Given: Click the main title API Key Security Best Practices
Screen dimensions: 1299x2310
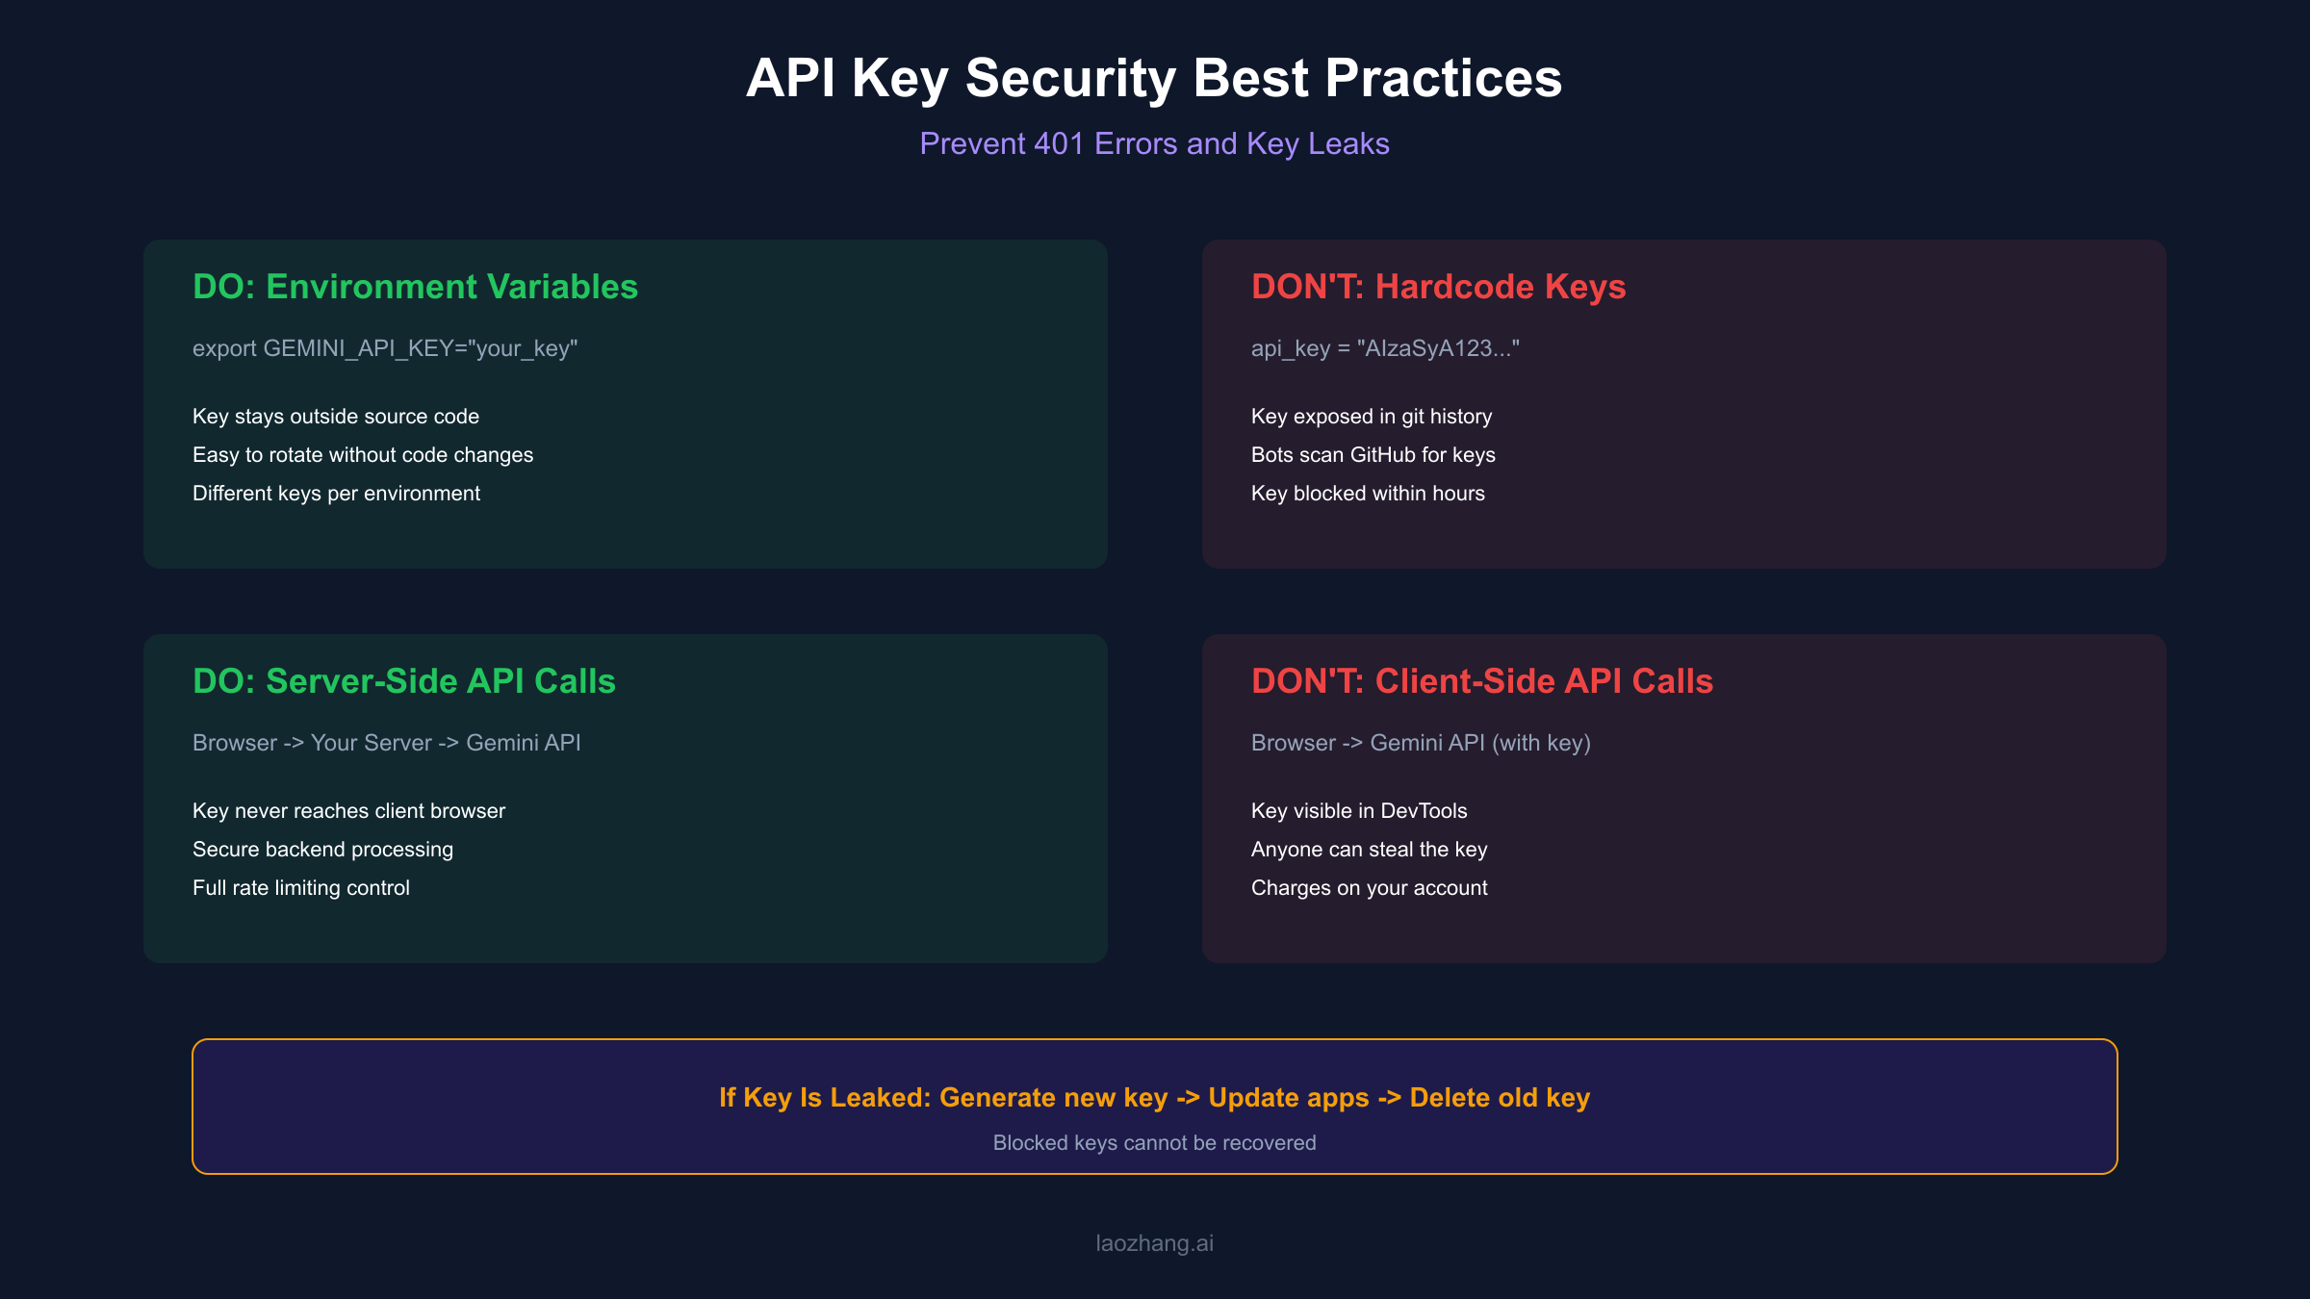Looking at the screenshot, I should [x=1153, y=78].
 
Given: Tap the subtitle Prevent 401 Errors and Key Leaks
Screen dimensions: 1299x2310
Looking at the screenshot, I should [x=1153, y=143].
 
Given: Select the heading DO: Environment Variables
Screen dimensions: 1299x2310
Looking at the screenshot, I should [x=415, y=287].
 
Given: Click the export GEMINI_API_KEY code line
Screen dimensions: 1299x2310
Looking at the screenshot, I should [x=384, y=348].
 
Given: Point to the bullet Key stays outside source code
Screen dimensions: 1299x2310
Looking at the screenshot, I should [x=335, y=417].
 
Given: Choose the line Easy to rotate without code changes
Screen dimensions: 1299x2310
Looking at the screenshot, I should [x=362, y=455].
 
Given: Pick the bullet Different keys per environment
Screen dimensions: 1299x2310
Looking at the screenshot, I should [x=336, y=494].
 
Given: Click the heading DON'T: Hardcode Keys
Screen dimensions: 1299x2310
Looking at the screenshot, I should [x=1438, y=287].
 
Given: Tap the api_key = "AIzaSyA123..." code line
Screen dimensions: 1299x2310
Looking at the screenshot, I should [x=1384, y=348].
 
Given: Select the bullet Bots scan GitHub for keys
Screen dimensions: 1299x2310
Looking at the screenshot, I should [x=1373, y=455].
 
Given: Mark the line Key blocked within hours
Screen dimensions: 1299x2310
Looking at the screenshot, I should [x=1367, y=494].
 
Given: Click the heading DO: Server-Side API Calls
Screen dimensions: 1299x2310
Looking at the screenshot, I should [x=403, y=681].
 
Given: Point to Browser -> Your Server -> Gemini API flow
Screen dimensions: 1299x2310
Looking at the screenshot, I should [x=386, y=743].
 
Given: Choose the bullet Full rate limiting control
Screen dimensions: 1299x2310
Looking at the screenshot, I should [x=300, y=888].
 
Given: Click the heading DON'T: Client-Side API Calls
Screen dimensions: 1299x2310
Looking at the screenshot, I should [x=1481, y=681].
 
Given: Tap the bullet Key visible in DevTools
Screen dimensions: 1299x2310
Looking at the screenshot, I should [x=1358, y=811].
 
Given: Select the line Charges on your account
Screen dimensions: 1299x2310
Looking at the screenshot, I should [x=1369, y=888].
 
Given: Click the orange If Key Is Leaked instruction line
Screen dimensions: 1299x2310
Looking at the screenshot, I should [x=1153, y=1098].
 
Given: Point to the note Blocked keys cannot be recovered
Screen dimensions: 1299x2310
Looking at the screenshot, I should [x=1153, y=1143].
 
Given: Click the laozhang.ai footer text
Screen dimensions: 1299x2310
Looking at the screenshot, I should [x=1153, y=1243].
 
